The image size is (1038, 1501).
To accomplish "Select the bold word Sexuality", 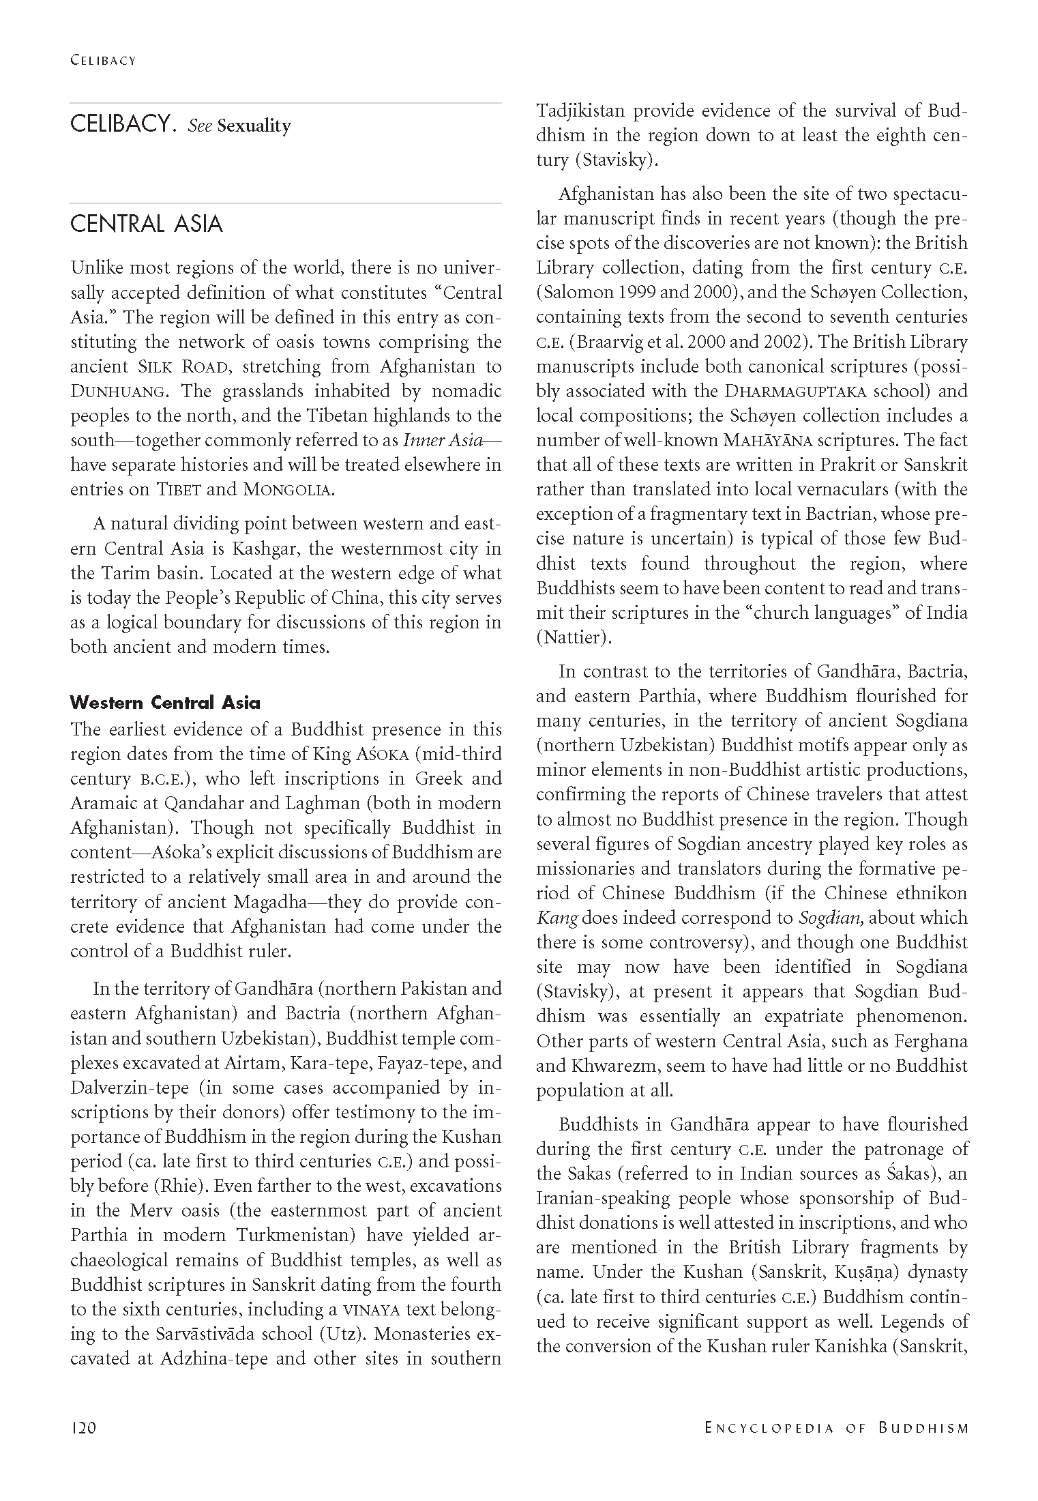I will coord(254,126).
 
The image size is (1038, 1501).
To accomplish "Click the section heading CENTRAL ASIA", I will coord(147,224).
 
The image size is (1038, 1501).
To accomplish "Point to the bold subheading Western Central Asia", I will coord(166,703).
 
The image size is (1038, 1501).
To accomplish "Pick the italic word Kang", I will coord(557,918).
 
